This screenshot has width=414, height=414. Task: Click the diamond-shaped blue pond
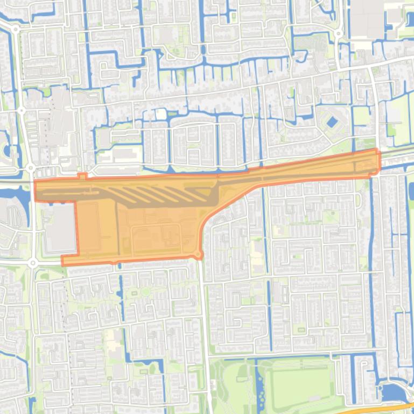(x=332, y=122)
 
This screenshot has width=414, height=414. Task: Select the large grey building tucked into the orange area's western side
(x=60, y=229)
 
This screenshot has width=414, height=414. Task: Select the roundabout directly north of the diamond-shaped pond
(x=338, y=33)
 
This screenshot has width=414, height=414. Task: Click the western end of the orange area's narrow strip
(x=38, y=191)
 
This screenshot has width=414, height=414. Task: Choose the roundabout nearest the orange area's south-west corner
(x=33, y=263)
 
